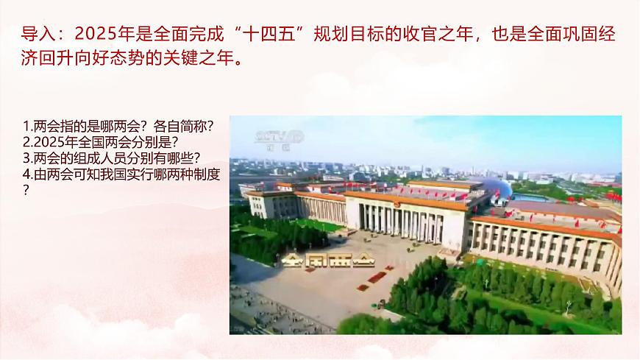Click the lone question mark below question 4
point(26,190)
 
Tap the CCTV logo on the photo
point(279,136)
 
